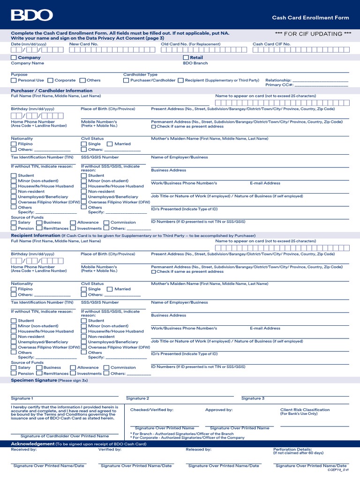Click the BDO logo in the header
point(32,15)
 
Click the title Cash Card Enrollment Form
point(310,18)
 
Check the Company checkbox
point(14,58)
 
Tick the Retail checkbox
point(186,58)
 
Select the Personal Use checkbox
point(14,81)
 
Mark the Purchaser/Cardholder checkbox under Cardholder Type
point(126,81)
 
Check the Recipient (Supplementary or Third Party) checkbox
point(181,81)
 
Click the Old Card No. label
point(174,44)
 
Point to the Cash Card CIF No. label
point(271,44)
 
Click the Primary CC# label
point(279,85)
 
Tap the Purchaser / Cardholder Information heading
point(52,90)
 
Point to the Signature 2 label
point(137,398)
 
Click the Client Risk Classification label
point(305,410)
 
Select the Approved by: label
point(219,410)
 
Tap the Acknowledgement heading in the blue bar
point(32,443)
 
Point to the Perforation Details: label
point(292,450)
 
